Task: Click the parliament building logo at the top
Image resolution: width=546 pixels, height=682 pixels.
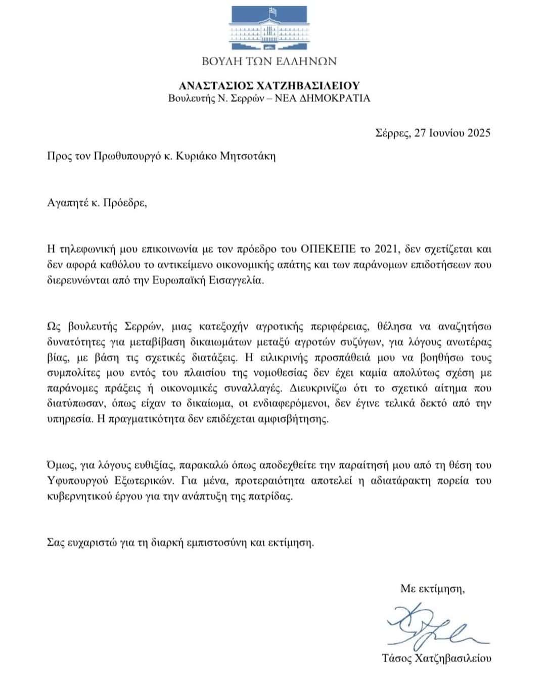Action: (x=268, y=28)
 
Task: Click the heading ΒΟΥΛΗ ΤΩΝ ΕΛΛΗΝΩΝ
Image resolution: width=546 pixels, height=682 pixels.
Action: (x=269, y=62)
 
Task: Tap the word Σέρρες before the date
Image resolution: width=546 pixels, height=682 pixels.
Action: (x=392, y=133)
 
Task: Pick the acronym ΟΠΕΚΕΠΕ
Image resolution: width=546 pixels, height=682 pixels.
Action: (x=329, y=249)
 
